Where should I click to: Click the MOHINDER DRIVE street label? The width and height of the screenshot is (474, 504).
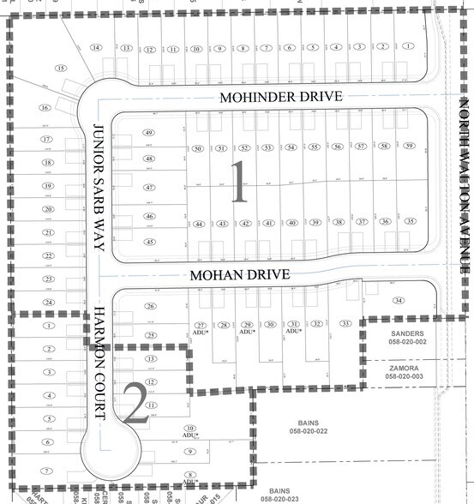pos(280,98)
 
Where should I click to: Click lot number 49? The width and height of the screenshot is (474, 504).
pos(148,133)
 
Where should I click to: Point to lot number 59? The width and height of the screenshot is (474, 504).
pos(409,147)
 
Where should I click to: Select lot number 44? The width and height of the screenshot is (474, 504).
pos(199,224)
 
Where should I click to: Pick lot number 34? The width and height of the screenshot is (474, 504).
pos(398,301)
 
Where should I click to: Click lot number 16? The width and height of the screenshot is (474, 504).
pos(44,108)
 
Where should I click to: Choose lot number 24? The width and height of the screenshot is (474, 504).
pos(49,303)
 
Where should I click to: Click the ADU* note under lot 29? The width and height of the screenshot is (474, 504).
pos(245,332)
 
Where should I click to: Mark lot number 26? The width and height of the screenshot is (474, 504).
pos(151,306)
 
